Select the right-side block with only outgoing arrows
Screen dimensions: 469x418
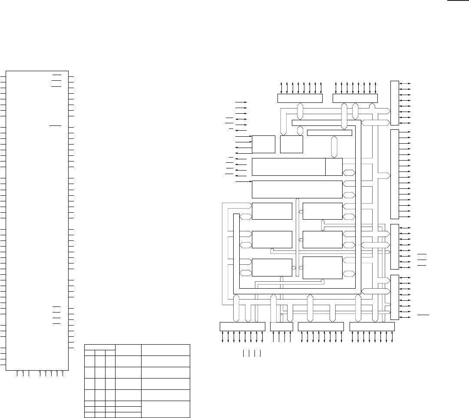point(394,174)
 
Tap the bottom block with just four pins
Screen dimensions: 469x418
point(281,326)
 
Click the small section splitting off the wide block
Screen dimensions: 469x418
point(334,166)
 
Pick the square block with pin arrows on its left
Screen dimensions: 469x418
point(264,144)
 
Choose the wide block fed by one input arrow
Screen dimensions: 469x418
point(297,189)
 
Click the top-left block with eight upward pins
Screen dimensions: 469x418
point(300,98)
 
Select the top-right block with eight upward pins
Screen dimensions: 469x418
point(355,98)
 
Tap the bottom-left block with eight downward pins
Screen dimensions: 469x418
point(242,326)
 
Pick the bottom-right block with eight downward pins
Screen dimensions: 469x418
point(372,326)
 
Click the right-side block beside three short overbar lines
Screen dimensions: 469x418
point(394,247)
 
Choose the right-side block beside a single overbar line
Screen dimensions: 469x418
point(394,297)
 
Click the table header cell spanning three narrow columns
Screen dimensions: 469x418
point(99,347)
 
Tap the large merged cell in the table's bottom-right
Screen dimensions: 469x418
point(166,409)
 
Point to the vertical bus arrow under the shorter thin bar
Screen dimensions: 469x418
point(334,147)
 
